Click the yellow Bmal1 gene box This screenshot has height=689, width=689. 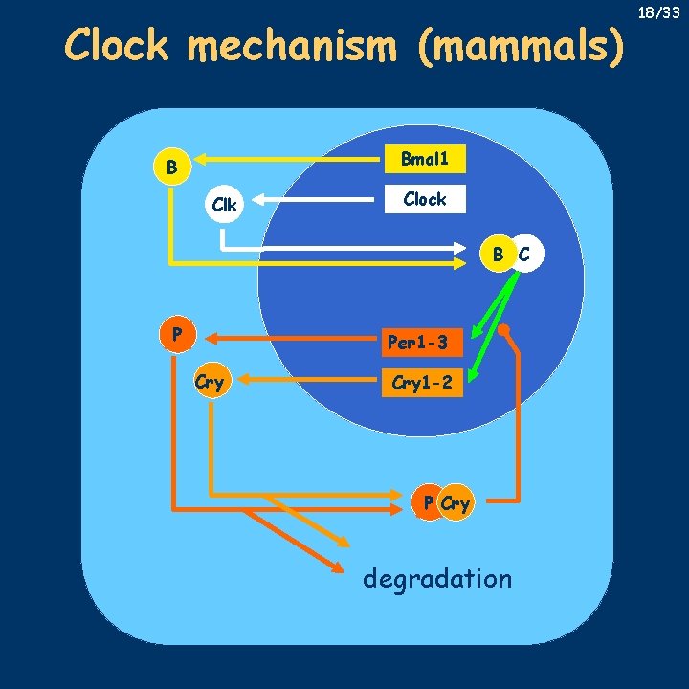tap(424, 159)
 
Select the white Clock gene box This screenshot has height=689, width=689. tap(424, 199)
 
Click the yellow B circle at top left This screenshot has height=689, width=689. tap(171, 167)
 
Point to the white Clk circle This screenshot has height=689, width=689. tap(225, 204)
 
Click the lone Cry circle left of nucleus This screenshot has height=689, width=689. tap(210, 382)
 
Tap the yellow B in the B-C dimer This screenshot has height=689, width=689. tap(499, 255)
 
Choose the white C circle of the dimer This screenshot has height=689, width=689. tap(525, 255)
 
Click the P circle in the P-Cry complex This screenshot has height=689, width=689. tap(430, 503)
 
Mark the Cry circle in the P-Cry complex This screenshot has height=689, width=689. tap(456, 503)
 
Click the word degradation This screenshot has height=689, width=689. tap(437, 578)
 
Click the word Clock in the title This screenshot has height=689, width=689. tap(117, 45)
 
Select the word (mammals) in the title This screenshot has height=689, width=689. tap(521, 46)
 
